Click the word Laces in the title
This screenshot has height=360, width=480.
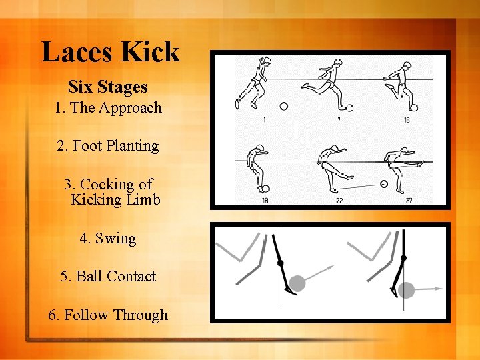[x=75, y=52]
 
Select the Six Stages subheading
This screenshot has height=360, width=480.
[x=108, y=87]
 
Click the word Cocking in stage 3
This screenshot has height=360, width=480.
[x=107, y=184]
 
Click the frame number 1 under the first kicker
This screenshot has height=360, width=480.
[x=264, y=120]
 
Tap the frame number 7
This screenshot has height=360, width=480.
[x=339, y=120]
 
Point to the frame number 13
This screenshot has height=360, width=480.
[x=407, y=120]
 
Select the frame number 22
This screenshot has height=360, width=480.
[x=339, y=200]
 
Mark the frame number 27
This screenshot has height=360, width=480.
[x=409, y=200]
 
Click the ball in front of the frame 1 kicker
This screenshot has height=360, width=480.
[x=283, y=105]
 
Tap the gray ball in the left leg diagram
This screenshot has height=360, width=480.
[x=297, y=283]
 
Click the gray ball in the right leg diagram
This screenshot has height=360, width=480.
[x=406, y=290]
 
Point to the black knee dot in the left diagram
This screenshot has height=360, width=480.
[x=280, y=263]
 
